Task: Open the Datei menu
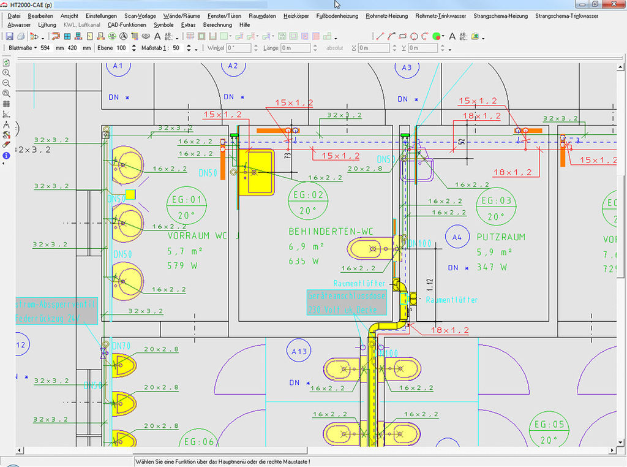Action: [15, 16]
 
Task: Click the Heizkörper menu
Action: [296, 16]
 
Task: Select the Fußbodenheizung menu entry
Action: [337, 16]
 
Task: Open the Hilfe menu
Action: [245, 25]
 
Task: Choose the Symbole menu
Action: [163, 25]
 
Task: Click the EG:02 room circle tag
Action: [308, 202]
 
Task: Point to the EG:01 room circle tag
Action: [187, 207]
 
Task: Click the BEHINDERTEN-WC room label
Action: [330, 232]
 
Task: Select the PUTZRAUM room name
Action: [501, 237]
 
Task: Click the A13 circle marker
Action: [299, 351]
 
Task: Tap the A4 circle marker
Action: [456, 237]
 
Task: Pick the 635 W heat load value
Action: [304, 261]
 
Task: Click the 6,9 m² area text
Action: [306, 247]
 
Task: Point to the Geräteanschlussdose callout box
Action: [347, 303]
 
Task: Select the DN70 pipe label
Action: [121, 346]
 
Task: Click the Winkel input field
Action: [238, 48]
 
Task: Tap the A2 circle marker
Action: [233, 66]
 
